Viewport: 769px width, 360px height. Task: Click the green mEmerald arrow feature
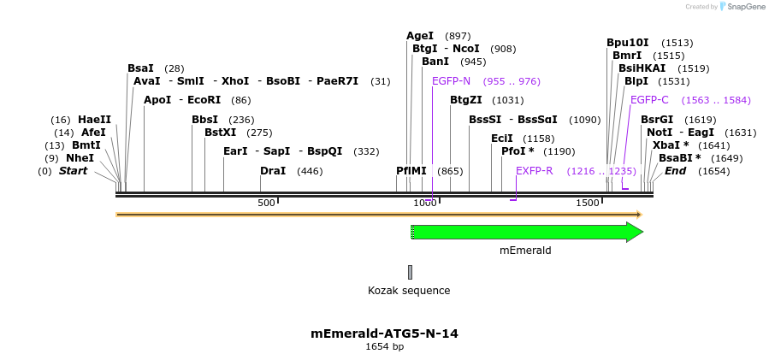pos(526,232)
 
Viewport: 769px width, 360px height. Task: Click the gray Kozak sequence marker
pos(410,272)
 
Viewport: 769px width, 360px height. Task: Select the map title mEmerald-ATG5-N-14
pos(384,333)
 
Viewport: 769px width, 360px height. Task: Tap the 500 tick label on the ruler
pos(266,203)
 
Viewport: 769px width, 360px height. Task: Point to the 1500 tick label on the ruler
pos(587,203)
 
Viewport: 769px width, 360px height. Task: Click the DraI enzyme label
pos(273,171)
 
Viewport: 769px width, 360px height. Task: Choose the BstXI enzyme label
pos(220,133)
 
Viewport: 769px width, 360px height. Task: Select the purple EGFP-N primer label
pos(451,81)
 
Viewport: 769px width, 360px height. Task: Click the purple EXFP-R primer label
pos(534,171)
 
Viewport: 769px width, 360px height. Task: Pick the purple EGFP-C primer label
pos(649,100)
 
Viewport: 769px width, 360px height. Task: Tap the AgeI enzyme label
pos(420,36)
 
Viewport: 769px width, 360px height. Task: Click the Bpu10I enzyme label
pos(627,43)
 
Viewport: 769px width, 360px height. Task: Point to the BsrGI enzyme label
pos(657,120)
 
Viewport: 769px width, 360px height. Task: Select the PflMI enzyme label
pos(411,171)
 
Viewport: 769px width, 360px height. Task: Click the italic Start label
pos(73,171)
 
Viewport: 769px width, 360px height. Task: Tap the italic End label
pos(675,171)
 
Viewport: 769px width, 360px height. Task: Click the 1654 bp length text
pos(384,346)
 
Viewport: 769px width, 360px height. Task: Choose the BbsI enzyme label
pos(204,120)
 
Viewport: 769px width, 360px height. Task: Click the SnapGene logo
pos(742,7)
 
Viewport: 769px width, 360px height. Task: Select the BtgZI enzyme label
pos(466,100)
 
